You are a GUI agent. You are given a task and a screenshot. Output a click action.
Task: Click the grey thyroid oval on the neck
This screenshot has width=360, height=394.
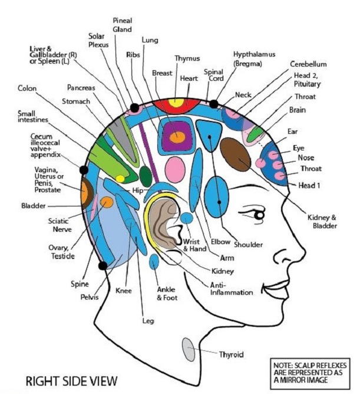point(189,350)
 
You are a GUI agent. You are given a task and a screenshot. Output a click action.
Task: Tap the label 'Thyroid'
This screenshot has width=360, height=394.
point(231,355)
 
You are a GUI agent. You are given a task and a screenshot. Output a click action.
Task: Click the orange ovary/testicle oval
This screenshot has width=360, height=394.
point(107,203)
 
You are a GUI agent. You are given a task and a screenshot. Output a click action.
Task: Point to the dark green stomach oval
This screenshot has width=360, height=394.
point(146,176)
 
